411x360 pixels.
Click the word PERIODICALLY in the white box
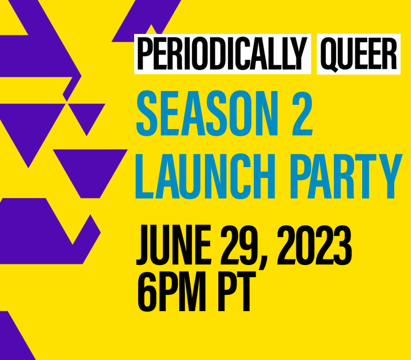pos(222,53)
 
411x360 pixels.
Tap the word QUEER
pos(358,54)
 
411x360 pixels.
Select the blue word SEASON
pos(207,113)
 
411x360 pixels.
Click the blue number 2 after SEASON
pos(302,113)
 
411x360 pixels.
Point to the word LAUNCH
pos(205,176)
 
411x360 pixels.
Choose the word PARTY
pos(346,176)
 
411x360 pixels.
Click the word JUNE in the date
pos(174,245)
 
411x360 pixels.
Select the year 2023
pos(314,245)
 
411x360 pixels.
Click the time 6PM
pos(172,292)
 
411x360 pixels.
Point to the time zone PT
pos(234,292)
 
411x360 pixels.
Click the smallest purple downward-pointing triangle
pos(87,115)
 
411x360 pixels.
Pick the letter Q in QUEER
pos(329,55)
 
